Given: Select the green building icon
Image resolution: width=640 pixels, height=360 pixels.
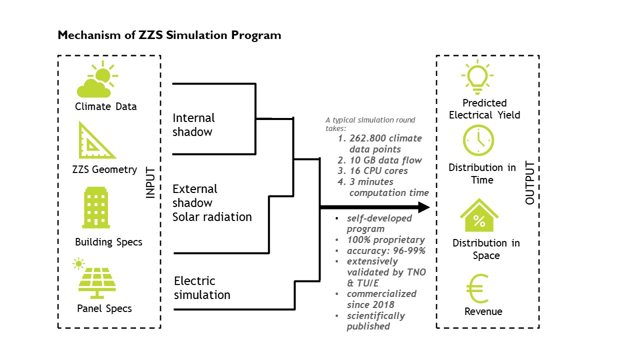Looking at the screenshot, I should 96,210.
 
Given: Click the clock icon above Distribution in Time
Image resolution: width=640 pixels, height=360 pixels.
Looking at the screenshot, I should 478,140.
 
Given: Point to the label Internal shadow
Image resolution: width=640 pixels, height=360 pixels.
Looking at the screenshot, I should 193,125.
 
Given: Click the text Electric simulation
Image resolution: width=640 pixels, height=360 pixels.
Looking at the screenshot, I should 202,287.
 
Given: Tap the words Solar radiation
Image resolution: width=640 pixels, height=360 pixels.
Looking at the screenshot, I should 212,217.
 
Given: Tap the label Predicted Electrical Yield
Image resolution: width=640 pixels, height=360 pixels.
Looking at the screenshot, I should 484,109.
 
